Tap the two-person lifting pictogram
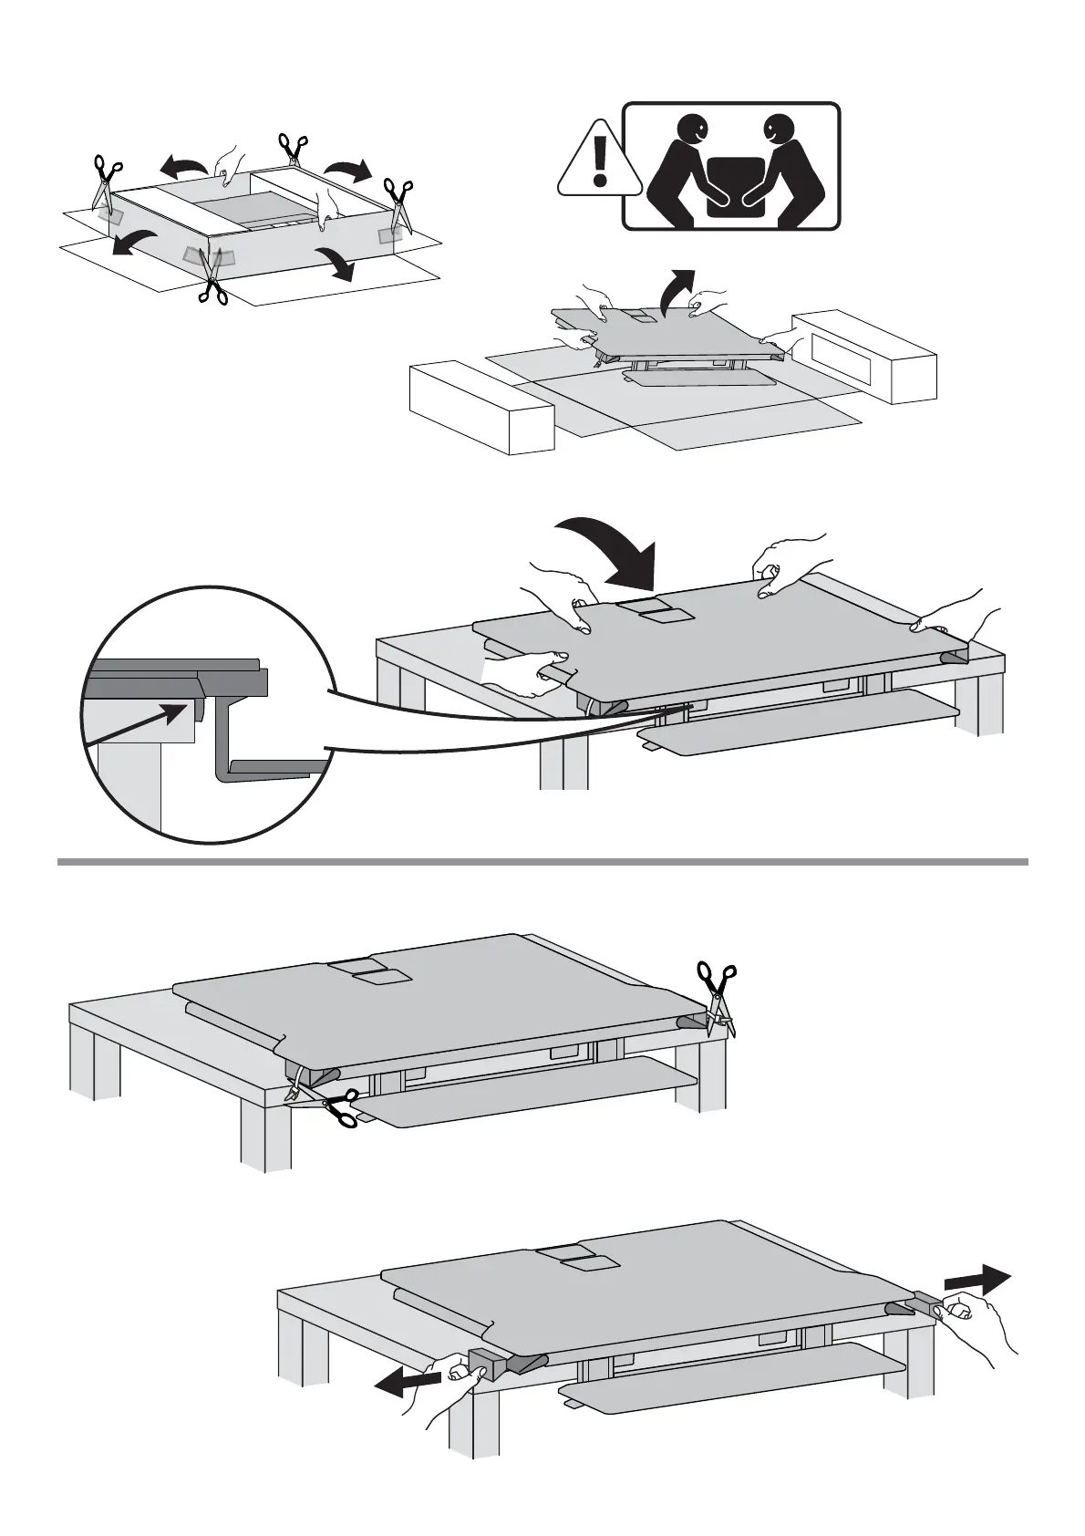(x=730, y=166)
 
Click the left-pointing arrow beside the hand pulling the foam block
(x=408, y=1386)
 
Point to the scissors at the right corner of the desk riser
(x=718, y=995)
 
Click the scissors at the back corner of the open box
(x=293, y=148)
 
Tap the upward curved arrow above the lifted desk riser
(x=676, y=289)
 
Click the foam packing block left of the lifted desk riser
(x=480, y=408)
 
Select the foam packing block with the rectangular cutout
(x=863, y=356)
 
